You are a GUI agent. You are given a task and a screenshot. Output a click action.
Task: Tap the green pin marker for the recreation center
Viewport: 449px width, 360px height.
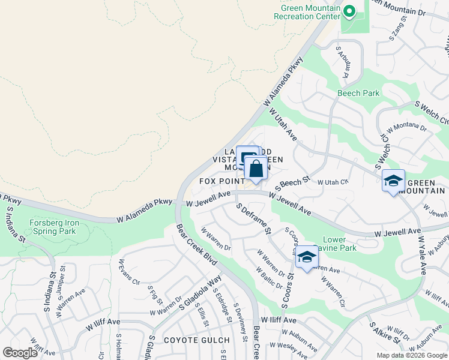click(x=348, y=11)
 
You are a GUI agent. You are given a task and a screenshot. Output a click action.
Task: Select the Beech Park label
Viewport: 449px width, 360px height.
click(x=358, y=93)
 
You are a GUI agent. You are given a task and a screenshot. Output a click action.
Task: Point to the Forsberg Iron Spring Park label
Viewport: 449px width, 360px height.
click(x=54, y=226)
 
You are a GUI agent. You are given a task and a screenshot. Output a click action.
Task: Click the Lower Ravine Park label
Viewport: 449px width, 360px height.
click(x=334, y=244)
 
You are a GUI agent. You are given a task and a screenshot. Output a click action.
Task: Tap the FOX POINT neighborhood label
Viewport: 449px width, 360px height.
click(x=221, y=181)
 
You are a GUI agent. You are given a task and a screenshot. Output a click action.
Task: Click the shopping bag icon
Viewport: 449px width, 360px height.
click(x=256, y=169)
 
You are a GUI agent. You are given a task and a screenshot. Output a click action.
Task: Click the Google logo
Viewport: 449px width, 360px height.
click(x=21, y=353)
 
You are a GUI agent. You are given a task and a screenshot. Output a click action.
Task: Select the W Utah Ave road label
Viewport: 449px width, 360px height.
click(x=283, y=125)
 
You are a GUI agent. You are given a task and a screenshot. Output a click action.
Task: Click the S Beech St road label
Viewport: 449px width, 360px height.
click(x=292, y=183)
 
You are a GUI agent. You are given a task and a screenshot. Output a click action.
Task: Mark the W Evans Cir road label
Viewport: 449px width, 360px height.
click(x=128, y=272)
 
